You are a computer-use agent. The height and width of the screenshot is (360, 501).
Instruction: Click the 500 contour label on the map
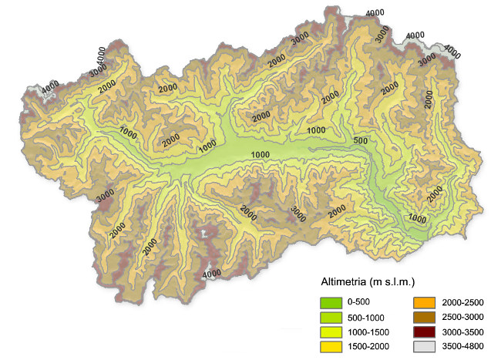pyautogui.click(x=359, y=141)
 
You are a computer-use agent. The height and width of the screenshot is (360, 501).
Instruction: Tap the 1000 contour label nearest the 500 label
pyautogui.click(x=316, y=131)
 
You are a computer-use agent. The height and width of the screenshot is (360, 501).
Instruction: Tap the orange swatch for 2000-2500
pyautogui.click(x=423, y=302)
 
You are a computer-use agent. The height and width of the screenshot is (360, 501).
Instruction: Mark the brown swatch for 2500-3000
pyautogui.click(x=423, y=317)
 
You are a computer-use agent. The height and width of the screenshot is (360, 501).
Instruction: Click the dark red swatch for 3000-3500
pyautogui.click(x=423, y=331)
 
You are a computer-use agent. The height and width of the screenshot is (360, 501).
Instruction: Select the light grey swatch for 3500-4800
pyautogui.click(x=423, y=346)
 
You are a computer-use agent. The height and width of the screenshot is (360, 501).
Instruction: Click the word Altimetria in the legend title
pyautogui.click(x=345, y=281)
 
